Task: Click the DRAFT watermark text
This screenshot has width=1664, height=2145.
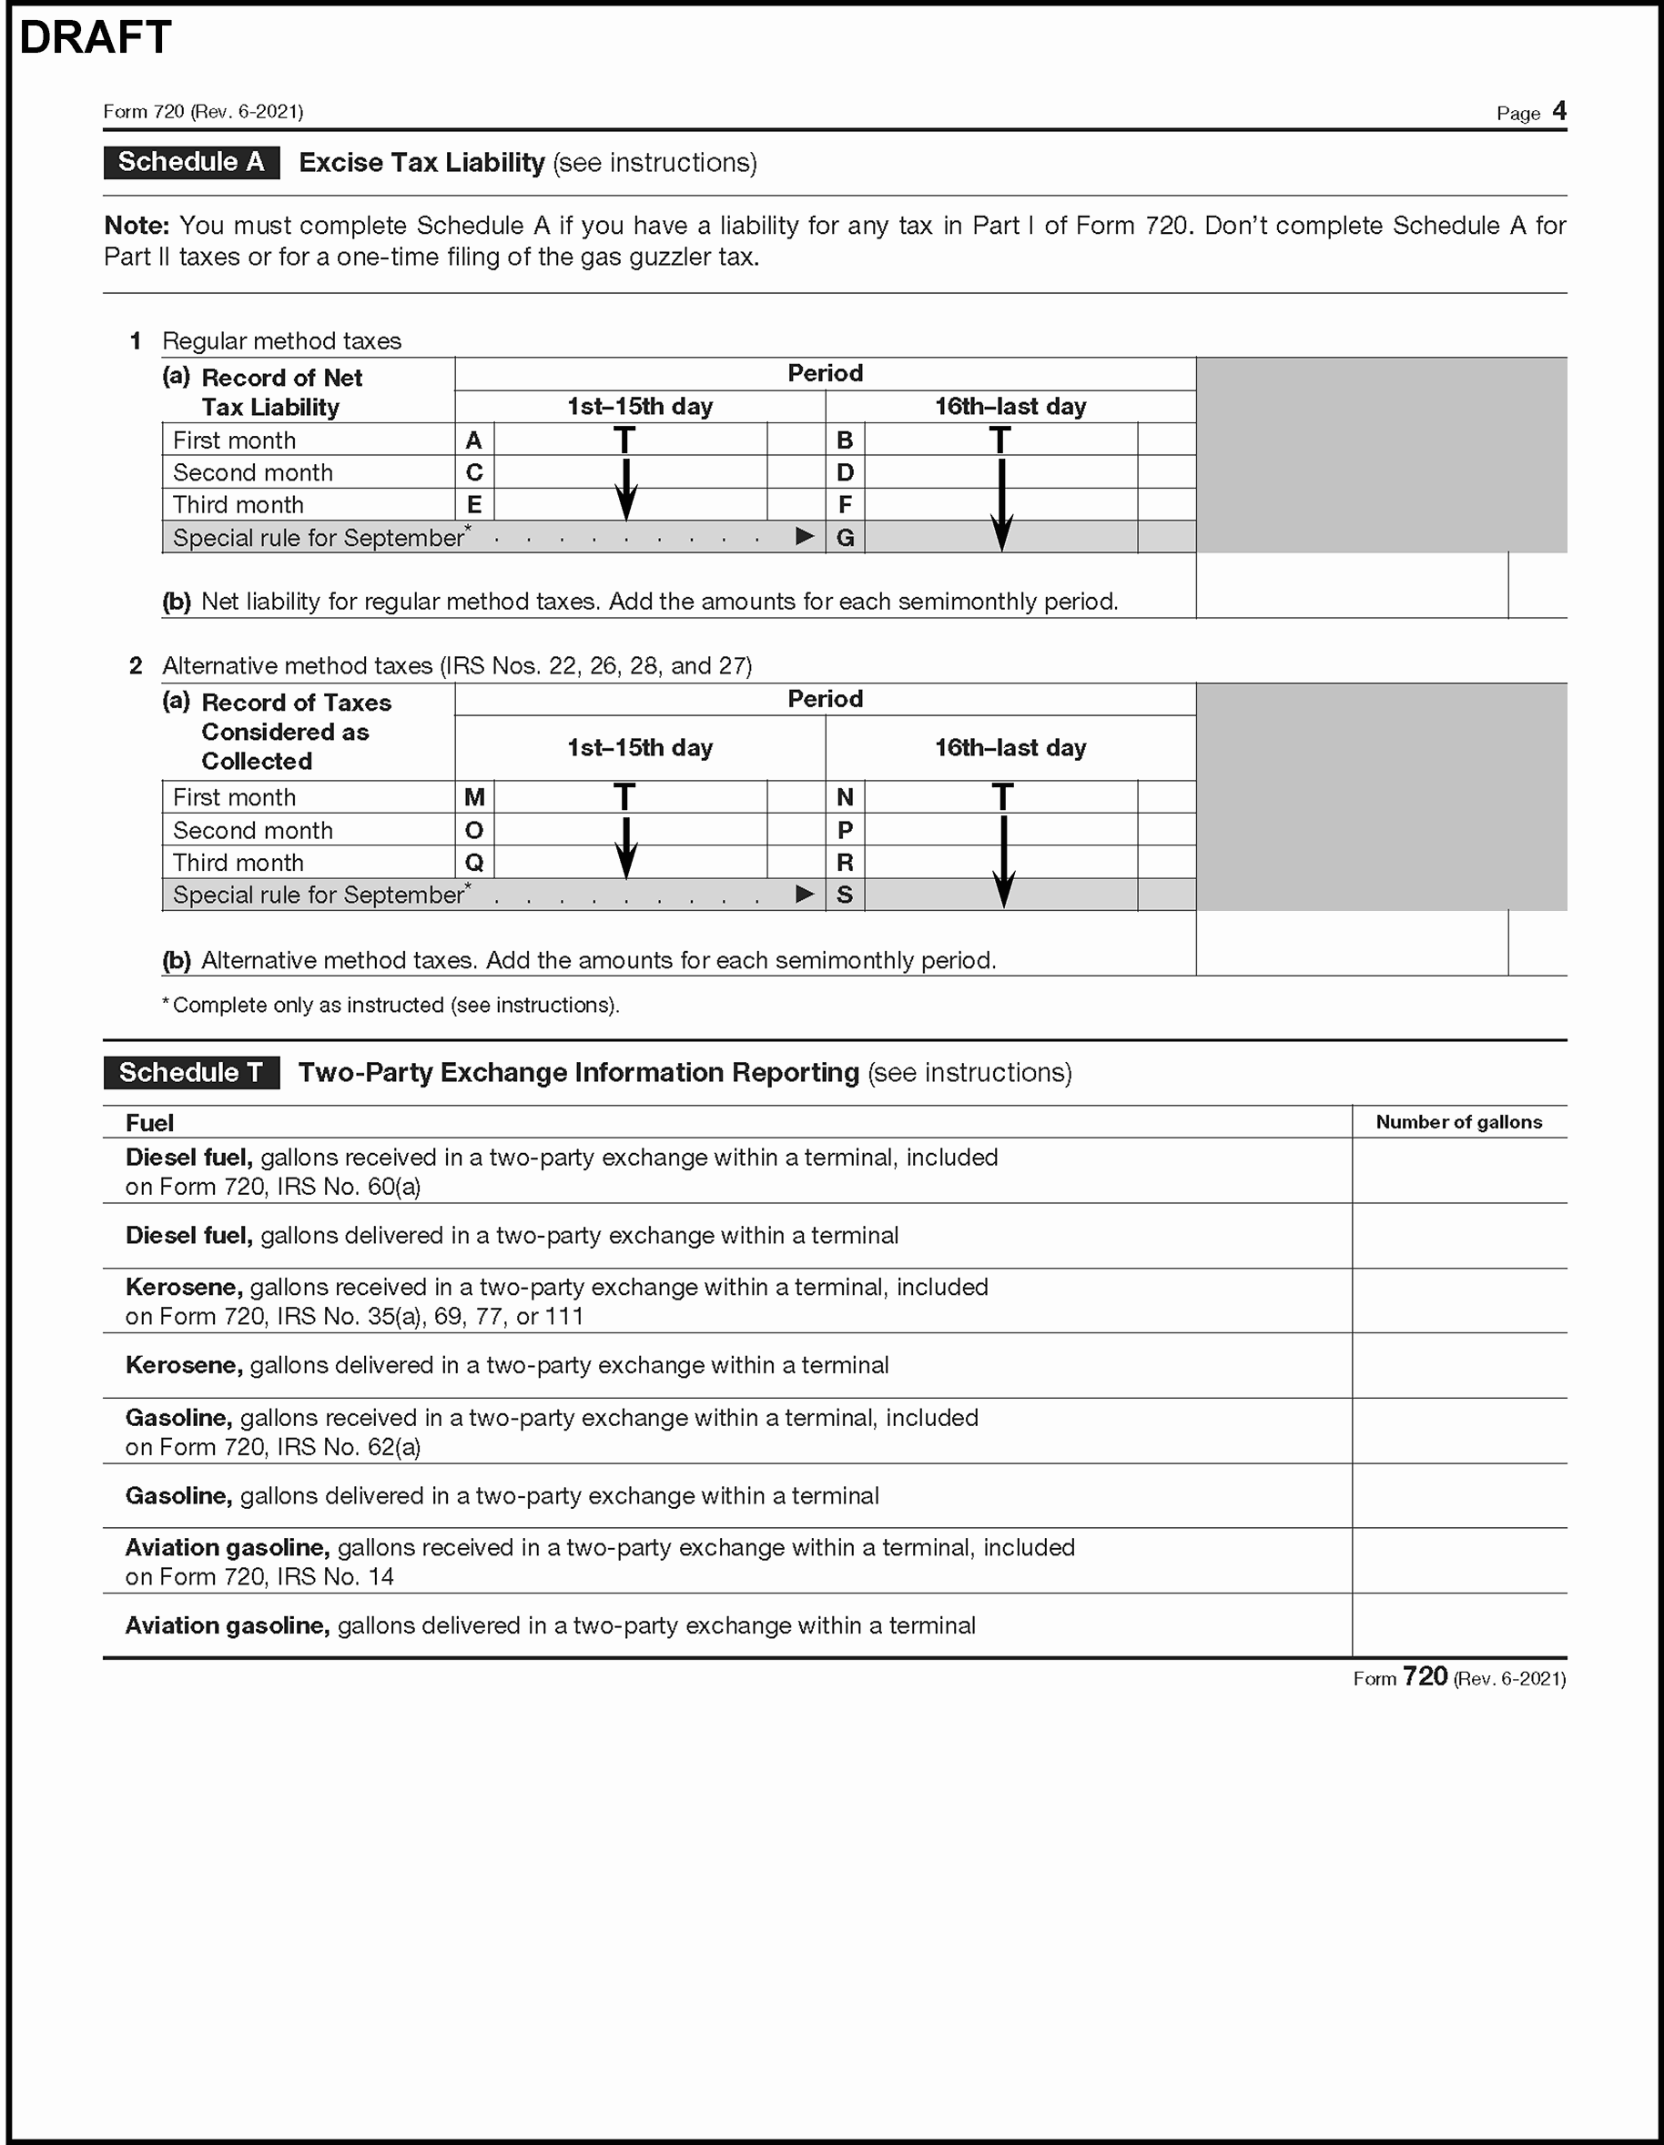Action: (x=96, y=37)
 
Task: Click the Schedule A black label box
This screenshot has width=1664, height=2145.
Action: (x=191, y=162)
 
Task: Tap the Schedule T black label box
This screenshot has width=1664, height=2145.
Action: (x=191, y=1072)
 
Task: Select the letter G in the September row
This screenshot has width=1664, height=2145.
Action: (x=845, y=538)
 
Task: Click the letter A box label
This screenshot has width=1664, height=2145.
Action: (x=474, y=440)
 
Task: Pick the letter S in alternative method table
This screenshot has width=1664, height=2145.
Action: (x=845, y=895)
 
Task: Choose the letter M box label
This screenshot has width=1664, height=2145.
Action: (x=474, y=797)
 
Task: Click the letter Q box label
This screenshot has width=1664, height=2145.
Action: (x=474, y=863)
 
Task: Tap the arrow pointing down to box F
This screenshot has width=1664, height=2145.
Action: (x=1001, y=491)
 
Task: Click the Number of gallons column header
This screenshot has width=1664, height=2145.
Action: (x=1458, y=1121)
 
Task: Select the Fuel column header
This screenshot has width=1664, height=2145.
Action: (x=149, y=1123)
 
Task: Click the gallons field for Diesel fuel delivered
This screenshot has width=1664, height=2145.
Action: (x=1458, y=1236)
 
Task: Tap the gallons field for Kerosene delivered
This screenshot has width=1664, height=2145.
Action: (x=1458, y=1365)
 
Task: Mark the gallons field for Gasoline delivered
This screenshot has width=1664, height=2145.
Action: (x=1458, y=1496)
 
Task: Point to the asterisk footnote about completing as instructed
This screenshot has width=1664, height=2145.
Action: (x=391, y=1005)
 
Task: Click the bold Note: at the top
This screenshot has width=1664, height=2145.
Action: (x=137, y=226)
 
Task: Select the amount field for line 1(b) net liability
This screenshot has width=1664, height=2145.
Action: (x=1352, y=586)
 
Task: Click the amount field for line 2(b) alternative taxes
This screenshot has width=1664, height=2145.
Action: (x=1352, y=944)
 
